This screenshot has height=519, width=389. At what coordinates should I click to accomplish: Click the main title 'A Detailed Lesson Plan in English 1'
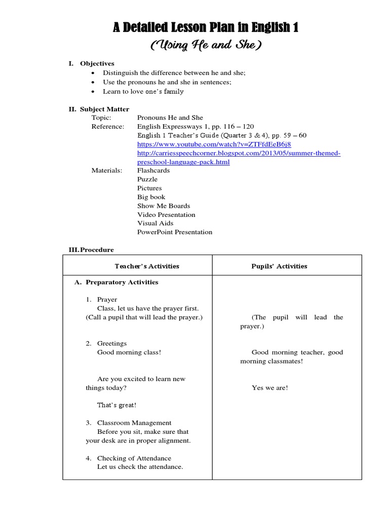coord(206,28)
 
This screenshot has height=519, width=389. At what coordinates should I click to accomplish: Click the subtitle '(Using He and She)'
coord(206,46)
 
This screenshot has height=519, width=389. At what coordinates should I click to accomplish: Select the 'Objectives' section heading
coord(97,64)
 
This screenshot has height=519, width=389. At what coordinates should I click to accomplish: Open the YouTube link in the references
coord(214,144)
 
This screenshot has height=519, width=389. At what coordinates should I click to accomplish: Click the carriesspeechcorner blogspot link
coord(239,153)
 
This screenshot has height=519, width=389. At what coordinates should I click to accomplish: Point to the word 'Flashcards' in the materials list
coord(153,171)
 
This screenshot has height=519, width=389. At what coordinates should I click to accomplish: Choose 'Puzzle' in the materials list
coord(147,179)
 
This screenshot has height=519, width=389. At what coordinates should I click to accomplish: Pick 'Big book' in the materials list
coord(151,197)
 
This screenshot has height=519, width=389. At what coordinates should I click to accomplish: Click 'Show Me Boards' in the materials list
coord(164,206)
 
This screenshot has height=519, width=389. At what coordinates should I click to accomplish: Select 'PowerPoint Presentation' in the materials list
coord(175,232)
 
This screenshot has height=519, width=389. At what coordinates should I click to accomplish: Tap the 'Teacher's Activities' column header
coord(147,266)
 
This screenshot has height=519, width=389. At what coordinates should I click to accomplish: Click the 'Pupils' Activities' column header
coord(279,266)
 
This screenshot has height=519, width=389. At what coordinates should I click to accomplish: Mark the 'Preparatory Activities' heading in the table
coord(122,282)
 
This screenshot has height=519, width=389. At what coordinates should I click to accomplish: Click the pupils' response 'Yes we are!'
coord(270,388)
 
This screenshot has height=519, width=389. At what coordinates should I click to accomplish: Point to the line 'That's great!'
coord(116,405)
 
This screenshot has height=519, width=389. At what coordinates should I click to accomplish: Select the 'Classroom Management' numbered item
coord(134,423)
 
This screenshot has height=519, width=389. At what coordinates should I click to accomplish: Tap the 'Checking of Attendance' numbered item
coord(134,458)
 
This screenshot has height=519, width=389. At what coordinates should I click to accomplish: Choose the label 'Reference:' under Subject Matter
coord(107,127)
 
